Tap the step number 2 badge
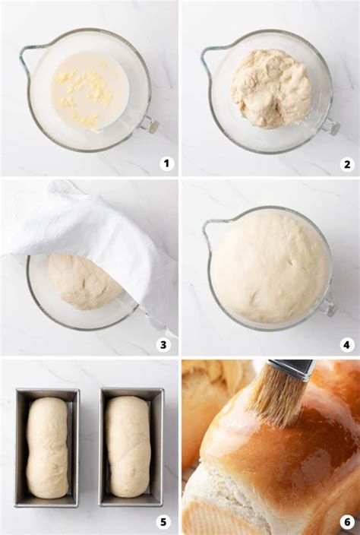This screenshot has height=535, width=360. tap(347, 164)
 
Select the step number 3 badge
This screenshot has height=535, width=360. tap(163, 344)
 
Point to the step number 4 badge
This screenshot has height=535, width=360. tap(347, 344)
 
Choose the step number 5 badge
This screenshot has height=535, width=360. tap(163, 523)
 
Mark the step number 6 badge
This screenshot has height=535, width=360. tap(347, 523)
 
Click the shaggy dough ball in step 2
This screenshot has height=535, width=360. tap(270, 88)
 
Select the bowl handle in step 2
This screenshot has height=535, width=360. tap(330, 126)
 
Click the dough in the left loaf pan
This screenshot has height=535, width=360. tap(47, 448)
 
